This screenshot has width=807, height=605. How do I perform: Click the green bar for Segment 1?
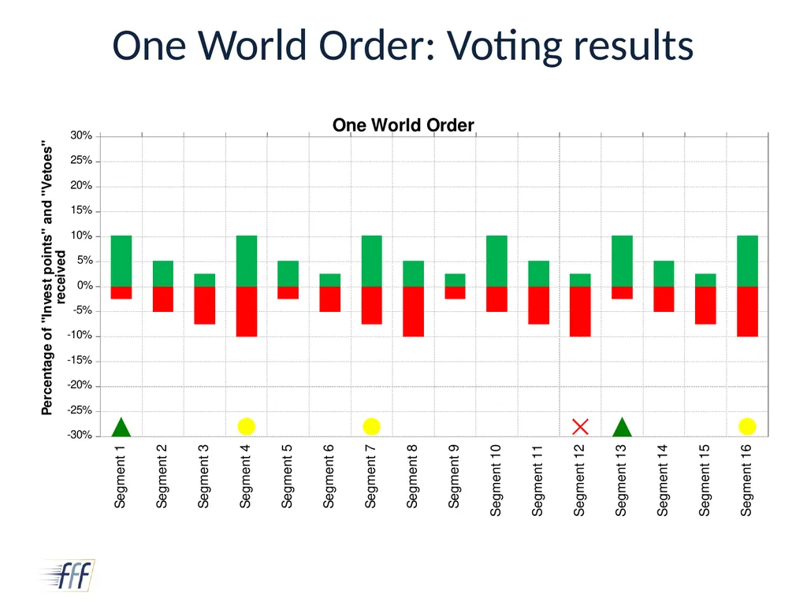pyautogui.click(x=121, y=261)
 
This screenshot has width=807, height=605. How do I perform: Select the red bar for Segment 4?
pyautogui.click(x=247, y=311)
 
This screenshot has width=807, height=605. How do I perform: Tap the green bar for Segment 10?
pyautogui.click(x=496, y=261)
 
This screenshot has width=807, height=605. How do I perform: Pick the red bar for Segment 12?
pyautogui.click(x=580, y=311)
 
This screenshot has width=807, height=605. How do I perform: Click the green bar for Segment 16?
pyautogui.click(x=747, y=261)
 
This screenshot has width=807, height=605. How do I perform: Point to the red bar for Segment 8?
pyautogui.click(x=413, y=311)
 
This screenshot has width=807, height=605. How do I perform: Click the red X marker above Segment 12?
pyautogui.click(x=580, y=426)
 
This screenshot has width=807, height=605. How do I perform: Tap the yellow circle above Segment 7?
pyautogui.click(x=372, y=426)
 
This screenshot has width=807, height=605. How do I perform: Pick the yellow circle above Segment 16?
pyautogui.click(x=747, y=426)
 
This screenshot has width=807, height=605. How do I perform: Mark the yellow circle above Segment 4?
pyautogui.click(x=247, y=426)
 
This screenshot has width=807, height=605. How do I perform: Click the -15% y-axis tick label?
pyautogui.click(x=80, y=361)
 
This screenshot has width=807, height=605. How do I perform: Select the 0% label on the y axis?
pyautogui.click(x=84, y=285)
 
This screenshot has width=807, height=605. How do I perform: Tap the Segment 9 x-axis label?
pyautogui.click(x=453, y=476)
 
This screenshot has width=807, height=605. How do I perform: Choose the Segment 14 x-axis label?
pyautogui.click(x=662, y=480)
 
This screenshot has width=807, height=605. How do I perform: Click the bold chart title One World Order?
pyautogui.click(x=403, y=125)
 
